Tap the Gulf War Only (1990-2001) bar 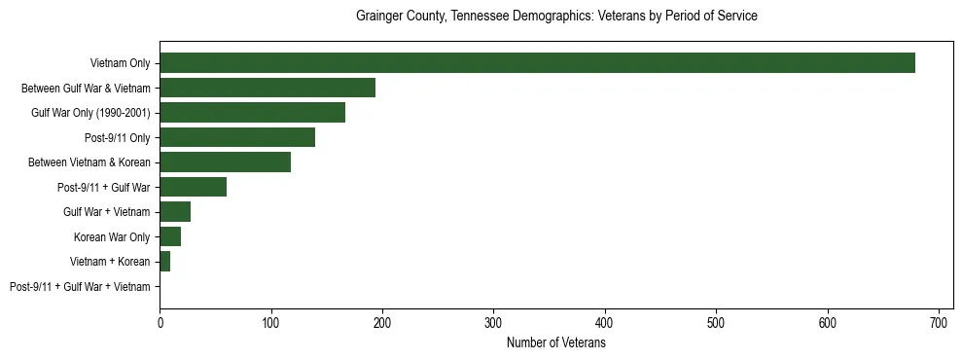[x=252, y=113]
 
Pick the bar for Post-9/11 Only [x=237, y=138]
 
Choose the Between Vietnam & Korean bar [x=225, y=162]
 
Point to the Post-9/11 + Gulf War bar [x=193, y=188]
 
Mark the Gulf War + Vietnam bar [x=175, y=212]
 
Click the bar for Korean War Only [x=170, y=237]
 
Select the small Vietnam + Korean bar [x=165, y=262]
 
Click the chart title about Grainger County [x=556, y=17]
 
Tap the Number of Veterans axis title [x=556, y=343]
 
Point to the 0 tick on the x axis [x=160, y=323]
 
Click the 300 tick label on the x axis [x=494, y=323]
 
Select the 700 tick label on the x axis [x=939, y=323]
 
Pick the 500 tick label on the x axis [x=716, y=323]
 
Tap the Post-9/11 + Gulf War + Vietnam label [x=80, y=287]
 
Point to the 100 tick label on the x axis [x=271, y=323]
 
